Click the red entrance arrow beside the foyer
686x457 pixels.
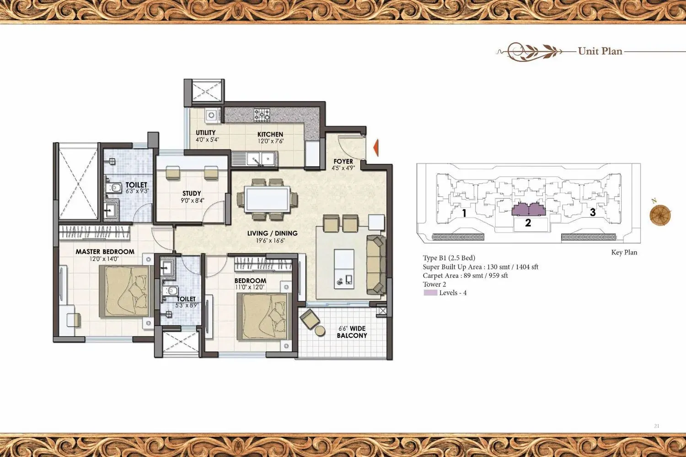pyautogui.click(x=375, y=148)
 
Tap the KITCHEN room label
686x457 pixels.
pyautogui.click(x=270, y=134)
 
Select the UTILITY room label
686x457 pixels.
pyautogui.click(x=205, y=133)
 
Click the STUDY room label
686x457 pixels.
pyautogui.click(x=192, y=193)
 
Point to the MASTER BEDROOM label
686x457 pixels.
pyautogui.click(x=105, y=251)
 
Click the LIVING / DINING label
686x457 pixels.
pyautogui.click(x=272, y=233)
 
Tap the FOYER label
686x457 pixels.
pyautogui.click(x=343, y=161)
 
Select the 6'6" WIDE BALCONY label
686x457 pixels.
pyautogui.click(x=352, y=332)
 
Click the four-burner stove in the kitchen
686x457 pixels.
pyautogui.click(x=262, y=114)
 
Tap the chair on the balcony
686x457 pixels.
pyautogui.click(x=310, y=319)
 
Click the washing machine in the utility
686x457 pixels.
pyautogui.click(x=211, y=115)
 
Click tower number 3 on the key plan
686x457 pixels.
pyautogui.click(x=593, y=212)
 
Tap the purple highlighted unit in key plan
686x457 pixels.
pyautogui.click(x=528, y=210)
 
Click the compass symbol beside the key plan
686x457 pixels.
pyautogui.click(x=660, y=215)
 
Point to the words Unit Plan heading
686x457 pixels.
pyautogui.click(x=600, y=51)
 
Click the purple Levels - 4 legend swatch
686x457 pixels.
pyautogui.click(x=430, y=293)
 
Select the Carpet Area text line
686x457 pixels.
pyautogui.click(x=465, y=276)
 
